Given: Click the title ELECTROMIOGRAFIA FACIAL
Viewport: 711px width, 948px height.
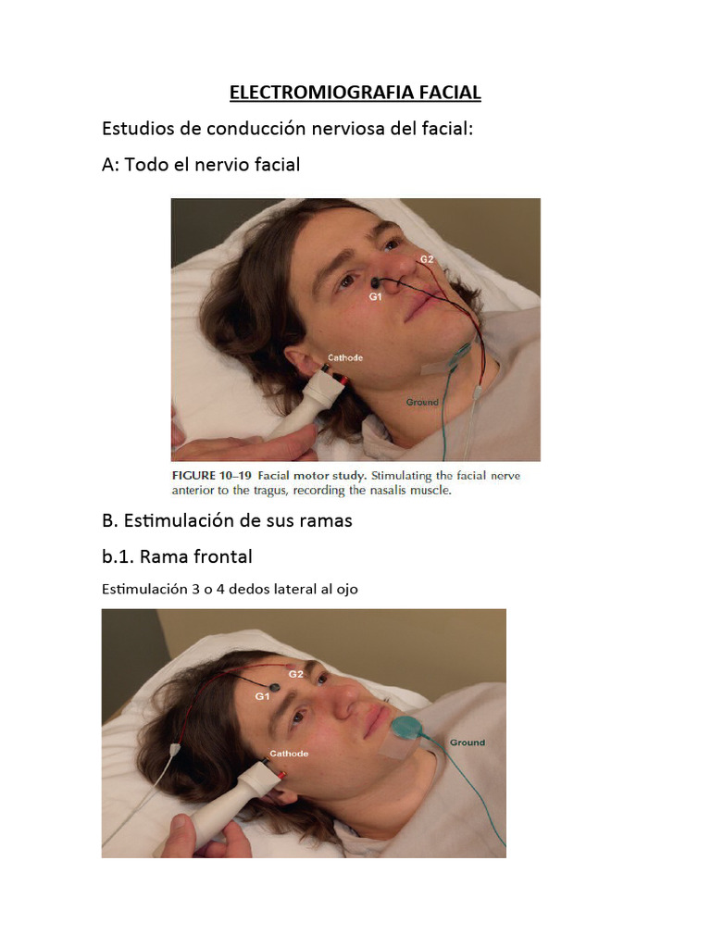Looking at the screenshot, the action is click(355, 93).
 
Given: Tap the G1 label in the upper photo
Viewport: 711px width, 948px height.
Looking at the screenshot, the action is click(376, 297).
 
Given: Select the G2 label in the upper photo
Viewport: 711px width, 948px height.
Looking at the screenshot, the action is click(427, 259).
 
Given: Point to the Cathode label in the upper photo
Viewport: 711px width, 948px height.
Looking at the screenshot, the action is click(345, 358).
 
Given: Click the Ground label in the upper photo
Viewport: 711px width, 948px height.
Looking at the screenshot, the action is click(422, 402).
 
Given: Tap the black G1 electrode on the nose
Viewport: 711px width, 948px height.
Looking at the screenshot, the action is click(376, 281).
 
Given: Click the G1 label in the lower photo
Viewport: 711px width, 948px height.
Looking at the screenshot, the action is click(262, 696).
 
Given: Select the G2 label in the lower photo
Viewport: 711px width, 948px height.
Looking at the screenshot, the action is click(295, 674).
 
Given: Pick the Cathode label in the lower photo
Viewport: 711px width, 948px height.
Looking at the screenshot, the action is click(289, 754).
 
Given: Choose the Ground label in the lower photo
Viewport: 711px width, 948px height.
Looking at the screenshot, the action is click(468, 742).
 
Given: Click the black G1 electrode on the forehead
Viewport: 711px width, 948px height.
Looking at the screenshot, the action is click(274, 688).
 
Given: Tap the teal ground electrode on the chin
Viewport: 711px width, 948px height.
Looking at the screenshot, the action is click(405, 728).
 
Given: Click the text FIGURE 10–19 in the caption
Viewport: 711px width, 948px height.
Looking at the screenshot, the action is click(212, 476).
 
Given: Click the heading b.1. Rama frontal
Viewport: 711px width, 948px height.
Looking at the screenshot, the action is click(177, 556).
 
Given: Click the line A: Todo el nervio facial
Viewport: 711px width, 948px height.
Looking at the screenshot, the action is click(201, 165).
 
